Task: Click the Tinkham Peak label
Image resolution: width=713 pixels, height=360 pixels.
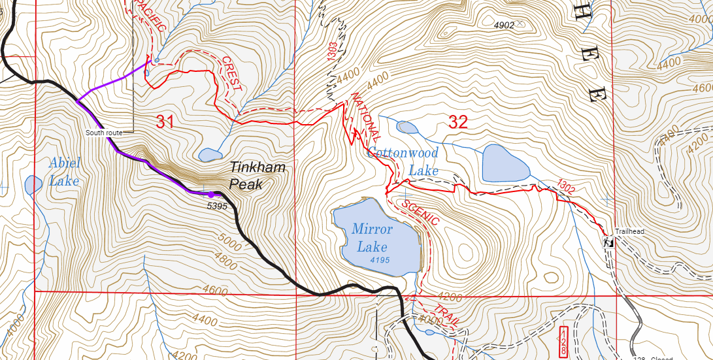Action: (257, 176)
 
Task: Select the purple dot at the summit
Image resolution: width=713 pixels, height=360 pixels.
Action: (210, 194)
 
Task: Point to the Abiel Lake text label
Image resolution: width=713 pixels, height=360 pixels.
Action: (64, 172)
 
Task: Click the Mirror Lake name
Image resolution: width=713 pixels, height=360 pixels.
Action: (372, 238)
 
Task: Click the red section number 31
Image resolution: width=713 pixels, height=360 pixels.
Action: (165, 121)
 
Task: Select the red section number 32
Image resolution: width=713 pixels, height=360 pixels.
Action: (457, 121)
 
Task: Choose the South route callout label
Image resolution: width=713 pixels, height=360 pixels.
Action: (104, 133)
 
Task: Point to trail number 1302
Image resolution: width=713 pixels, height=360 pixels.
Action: (565, 187)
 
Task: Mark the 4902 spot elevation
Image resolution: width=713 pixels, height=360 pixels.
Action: (504, 25)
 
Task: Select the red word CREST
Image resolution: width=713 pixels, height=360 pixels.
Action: (232, 73)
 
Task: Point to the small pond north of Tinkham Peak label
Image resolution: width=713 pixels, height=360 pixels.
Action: (210, 155)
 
